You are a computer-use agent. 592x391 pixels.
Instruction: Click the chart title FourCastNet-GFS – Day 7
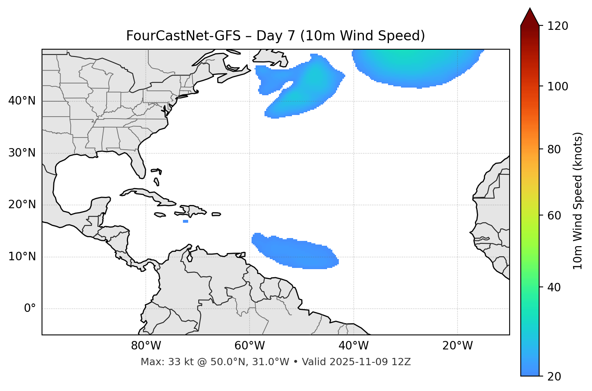(x=275, y=36)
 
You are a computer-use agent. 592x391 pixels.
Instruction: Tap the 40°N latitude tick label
(x=22, y=101)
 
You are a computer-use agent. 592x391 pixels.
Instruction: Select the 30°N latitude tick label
(x=22, y=153)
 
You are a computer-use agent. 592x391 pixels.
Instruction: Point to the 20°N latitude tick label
(x=22, y=205)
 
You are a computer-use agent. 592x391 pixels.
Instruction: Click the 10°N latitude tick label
(x=22, y=257)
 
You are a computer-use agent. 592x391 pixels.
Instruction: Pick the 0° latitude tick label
(x=30, y=309)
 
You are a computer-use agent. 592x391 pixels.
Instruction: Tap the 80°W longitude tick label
(x=146, y=346)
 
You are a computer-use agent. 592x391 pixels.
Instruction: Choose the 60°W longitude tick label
(x=250, y=346)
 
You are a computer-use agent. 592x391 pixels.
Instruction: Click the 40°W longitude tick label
(x=353, y=346)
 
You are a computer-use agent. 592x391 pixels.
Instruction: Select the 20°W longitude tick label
(x=457, y=346)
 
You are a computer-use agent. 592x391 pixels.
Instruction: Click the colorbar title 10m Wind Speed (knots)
(x=578, y=201)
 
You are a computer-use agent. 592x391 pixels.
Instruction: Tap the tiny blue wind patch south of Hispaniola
(x=185, y=221)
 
